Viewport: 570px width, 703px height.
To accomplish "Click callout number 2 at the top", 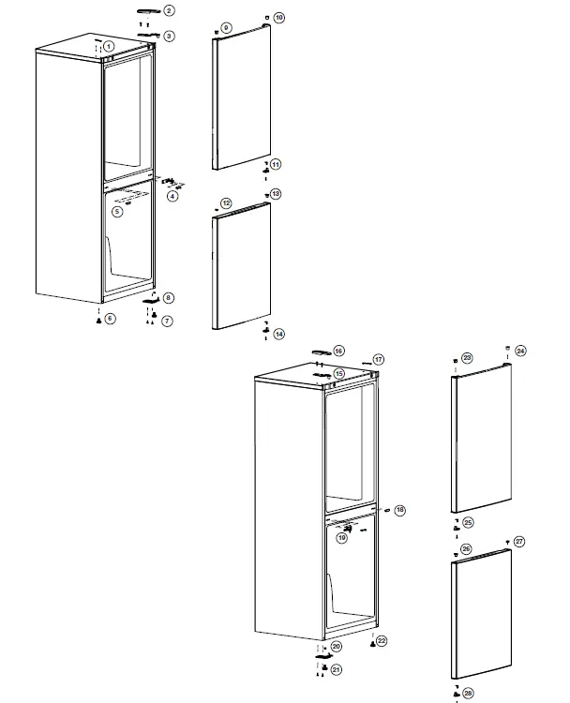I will tap(169, 11).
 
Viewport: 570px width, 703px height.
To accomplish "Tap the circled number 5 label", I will tap(117, 212).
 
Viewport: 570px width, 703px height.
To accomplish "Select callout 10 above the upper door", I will tap(279, 18).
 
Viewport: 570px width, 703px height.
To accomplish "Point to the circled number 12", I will tap(226, 203).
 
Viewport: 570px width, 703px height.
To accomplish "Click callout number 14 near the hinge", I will tap(279, 334).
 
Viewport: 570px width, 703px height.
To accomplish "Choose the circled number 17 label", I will tap(379, 359).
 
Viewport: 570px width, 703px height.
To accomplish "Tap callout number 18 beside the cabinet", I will tap(400, 510).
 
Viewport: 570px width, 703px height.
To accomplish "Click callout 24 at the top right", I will tap(520, 351).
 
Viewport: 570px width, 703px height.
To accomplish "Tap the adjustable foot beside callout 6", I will tap(97, 320).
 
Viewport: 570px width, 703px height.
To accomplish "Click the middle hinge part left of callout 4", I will tap(170, 182).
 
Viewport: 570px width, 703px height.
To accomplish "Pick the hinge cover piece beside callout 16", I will tap(319, 351).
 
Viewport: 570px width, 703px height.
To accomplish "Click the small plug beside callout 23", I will tap(455, 359).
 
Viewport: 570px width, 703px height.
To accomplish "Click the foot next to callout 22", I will tap(372, 645).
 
